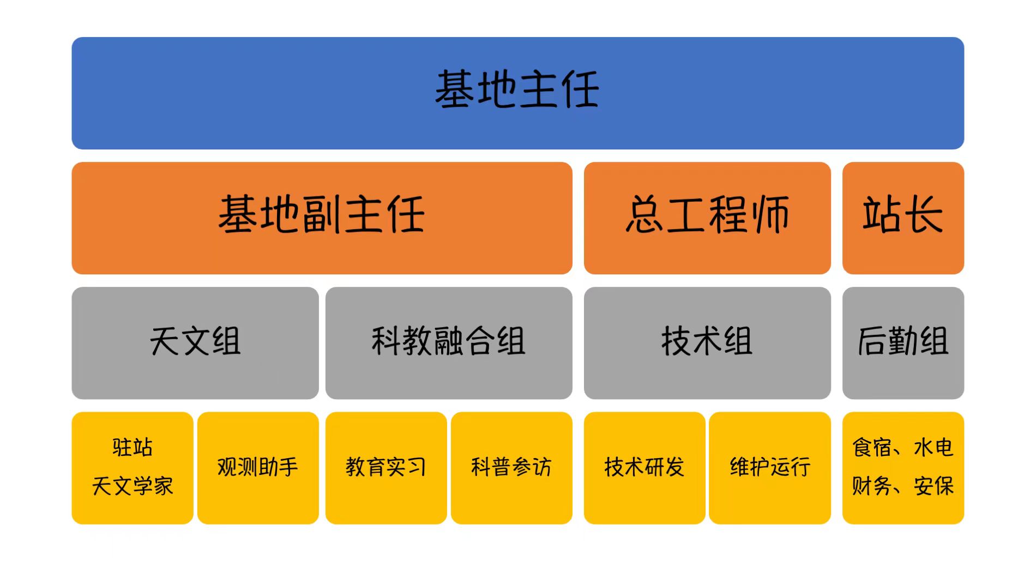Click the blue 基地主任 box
[x=517, y=93]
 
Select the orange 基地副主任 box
[x=322, y=218]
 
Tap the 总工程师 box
[x=707, y=218]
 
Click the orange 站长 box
[x=903, y=218]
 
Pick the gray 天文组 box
[x=195, y=343]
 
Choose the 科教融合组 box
[x=449, y=343]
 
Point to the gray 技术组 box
[x=707, y=343]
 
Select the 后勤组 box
[x=903, y=343]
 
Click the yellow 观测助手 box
[x=258, y=468]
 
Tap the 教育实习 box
[x=386, y=468]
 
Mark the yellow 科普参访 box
[x=511, y=468]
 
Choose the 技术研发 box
[x=645, y=468]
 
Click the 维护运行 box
[x=770, y=468]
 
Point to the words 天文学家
[x=132, y=486]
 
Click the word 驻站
[x=132, y=447]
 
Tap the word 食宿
[x=872, y=447]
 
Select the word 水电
[x=933, y=447]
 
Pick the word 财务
[x=872, y=486]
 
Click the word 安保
[x=933, y=486]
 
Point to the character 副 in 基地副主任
[x=322, y=214]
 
